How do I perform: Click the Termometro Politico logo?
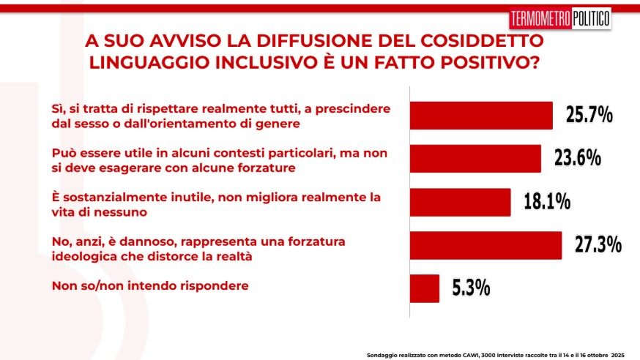[x=559, y=19]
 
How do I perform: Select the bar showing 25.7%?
[x=480, y=116]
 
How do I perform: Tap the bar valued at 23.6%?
[x=475, y=159]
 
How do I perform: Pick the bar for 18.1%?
[x=459, y=202]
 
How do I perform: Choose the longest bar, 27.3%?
[x=485, y=245]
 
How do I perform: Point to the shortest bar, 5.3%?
[x=424, y=288]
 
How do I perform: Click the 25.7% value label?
[x=588, y=115]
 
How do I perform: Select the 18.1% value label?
[x=546, y=201]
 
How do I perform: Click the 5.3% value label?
[x=471, y=288]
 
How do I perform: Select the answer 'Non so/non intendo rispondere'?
[x=149, y=286]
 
